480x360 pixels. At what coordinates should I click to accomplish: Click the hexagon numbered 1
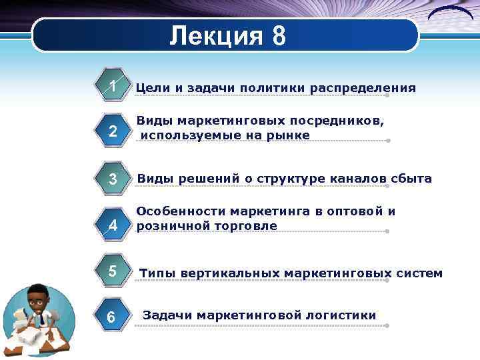point(113,87)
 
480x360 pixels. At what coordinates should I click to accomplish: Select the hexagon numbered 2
point(113,133)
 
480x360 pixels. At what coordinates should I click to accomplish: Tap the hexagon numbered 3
point(113,179)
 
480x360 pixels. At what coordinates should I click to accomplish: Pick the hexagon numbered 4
point(113,225)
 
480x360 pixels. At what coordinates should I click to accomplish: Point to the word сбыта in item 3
point(413,179)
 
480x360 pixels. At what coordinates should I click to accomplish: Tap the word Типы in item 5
point(157,273)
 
